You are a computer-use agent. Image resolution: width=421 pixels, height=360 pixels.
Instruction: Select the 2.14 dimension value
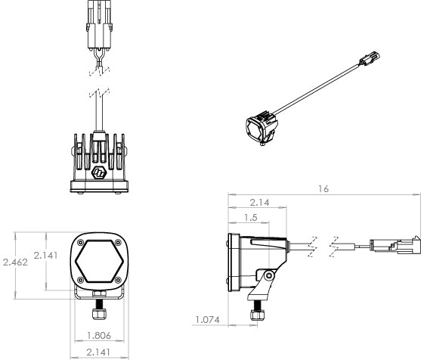(260, 202)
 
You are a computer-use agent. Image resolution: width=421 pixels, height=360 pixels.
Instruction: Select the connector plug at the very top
(97, 26)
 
